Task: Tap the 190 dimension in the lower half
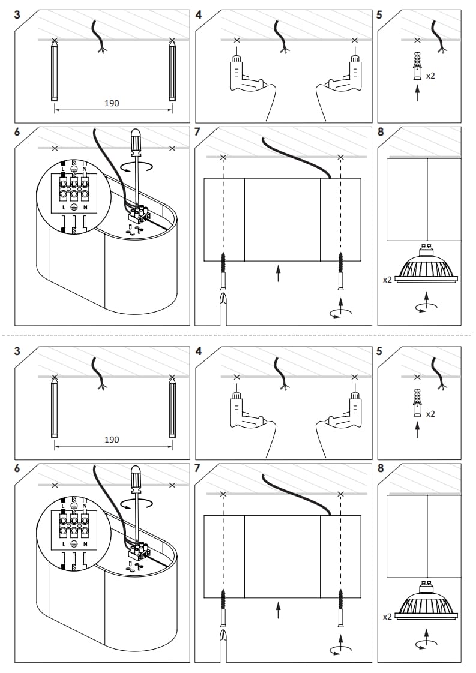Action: coord(112,440)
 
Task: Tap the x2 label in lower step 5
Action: coord(430,414)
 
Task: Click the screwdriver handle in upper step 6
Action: coord(137,142)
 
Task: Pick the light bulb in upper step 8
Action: coord(426,269)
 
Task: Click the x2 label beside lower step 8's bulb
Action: coord(387,616)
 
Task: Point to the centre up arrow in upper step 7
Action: coord(278,273)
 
